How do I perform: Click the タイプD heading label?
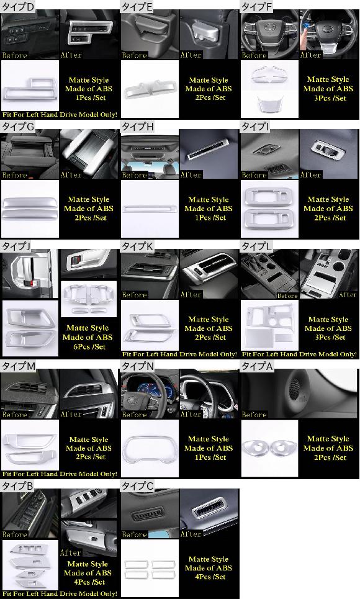coord(17,6)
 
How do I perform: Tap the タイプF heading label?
coord(257,6)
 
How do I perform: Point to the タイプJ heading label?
coord(16,246)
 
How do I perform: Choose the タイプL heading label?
coord(256,246)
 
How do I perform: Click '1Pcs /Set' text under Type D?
coord(91,98)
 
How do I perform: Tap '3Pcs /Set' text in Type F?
coord(330,98)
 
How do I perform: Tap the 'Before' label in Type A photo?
coord(254,415)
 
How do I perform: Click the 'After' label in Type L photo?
coord(348,294)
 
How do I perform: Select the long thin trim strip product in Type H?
coord(150,209)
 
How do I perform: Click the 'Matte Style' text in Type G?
coord(89,199)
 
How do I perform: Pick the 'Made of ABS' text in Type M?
coord(89,448)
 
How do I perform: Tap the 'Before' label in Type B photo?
coord(14,534)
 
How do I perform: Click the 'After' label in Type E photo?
coord(191,55)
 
